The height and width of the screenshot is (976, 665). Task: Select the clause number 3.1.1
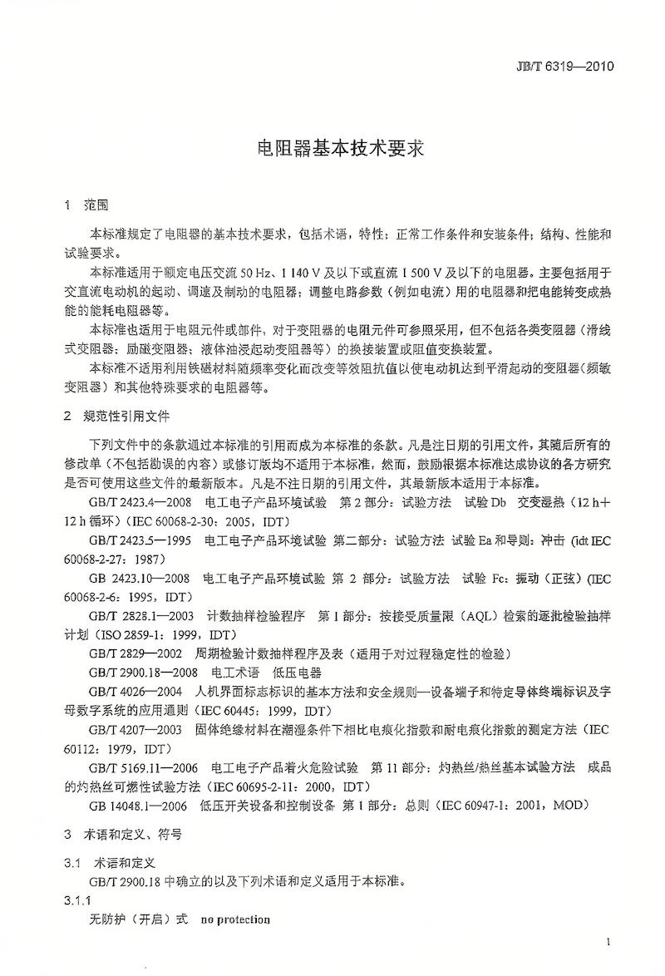[77, 901]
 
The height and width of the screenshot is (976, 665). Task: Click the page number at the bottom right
[609, 941]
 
